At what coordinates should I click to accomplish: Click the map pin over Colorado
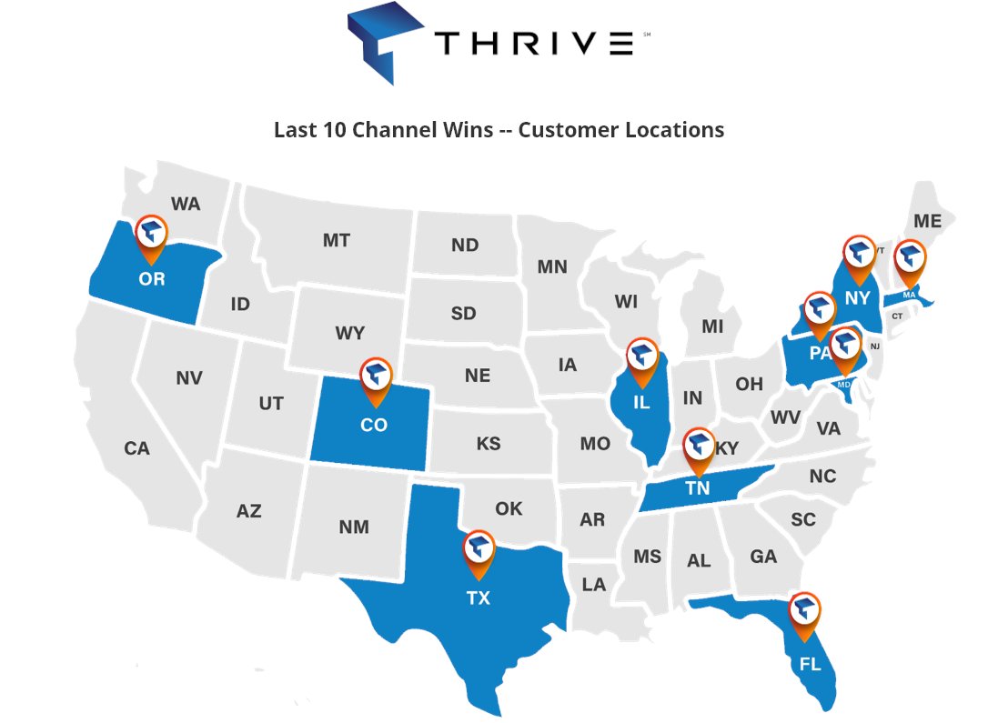click(x=377, y=377)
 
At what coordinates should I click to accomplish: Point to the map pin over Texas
click(x=479, y=550)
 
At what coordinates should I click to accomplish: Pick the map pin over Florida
click(x=804, y=612)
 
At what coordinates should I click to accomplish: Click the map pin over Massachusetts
click(x=910, y=259)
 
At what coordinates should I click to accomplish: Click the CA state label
click(x=137, y=448)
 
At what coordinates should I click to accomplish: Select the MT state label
click(x=337, y=241)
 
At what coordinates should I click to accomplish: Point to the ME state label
click(x=928, y=221)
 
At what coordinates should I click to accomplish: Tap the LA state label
click(x=594, y=585)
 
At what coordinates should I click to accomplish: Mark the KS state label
click(x=489, y=444)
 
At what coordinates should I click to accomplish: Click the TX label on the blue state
click(x=479, y=598)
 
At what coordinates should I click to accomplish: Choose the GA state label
click(x=763, y=556)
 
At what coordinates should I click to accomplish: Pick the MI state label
click(x=713, y=326)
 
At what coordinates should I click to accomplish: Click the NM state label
click(x=354, y=527)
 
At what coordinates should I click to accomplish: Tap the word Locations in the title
click(x=674, y=130)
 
